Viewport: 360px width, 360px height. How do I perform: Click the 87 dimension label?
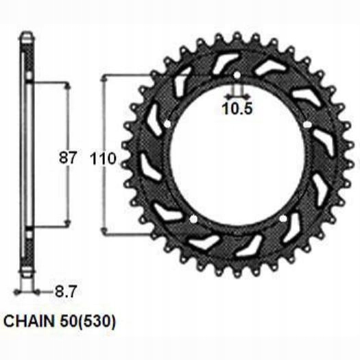(x=67, y=157)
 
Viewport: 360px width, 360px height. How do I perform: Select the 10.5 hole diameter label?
(x=237, y=108)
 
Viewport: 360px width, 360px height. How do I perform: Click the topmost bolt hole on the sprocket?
(x=237, y=74)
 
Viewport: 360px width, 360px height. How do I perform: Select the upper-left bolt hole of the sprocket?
(x=167, y=124)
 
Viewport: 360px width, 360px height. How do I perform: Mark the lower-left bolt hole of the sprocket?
(x=193, y=219)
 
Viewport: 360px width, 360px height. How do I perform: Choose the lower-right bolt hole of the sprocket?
(x=282, y=219)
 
